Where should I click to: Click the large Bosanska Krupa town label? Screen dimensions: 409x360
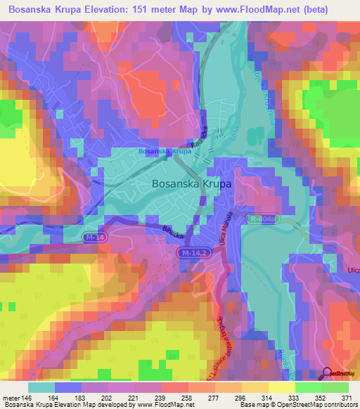point(192,183)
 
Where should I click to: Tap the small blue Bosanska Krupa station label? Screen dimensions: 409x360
point(165,151)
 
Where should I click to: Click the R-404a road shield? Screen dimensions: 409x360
point(264,219)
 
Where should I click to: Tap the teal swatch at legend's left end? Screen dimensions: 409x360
point(41,387)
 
